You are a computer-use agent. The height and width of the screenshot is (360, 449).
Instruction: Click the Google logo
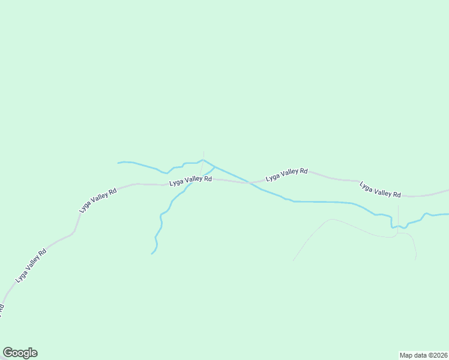tap(20, 353)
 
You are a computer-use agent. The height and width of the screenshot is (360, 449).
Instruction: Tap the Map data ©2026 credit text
tap(423, 355)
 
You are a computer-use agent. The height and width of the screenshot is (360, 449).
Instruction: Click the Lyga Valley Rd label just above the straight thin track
tap(380, 190)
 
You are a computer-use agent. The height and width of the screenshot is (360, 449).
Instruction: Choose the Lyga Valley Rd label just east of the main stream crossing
tap(286, 174)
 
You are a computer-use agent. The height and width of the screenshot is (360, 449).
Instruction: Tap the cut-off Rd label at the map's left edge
tap(1, 310)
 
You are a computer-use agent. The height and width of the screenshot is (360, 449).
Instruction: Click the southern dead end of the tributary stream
tap(152, 254)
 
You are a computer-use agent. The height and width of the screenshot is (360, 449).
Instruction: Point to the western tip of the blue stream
tap(118, 163)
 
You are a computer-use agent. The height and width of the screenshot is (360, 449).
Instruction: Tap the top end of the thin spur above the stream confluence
tap(203, 151)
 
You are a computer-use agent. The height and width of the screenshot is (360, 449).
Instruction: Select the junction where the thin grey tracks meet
tap(397, 233)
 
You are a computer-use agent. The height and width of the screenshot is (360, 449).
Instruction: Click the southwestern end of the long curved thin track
tap(293, 260)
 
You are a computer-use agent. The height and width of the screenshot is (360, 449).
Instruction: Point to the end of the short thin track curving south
tap(415, 260)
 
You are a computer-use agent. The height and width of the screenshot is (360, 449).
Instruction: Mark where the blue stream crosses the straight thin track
tap(397, 226)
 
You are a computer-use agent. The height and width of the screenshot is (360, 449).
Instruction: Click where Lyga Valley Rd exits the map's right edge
tap(448, 191)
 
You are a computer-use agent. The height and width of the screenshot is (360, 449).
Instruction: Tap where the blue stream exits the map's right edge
tap(448, 214)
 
